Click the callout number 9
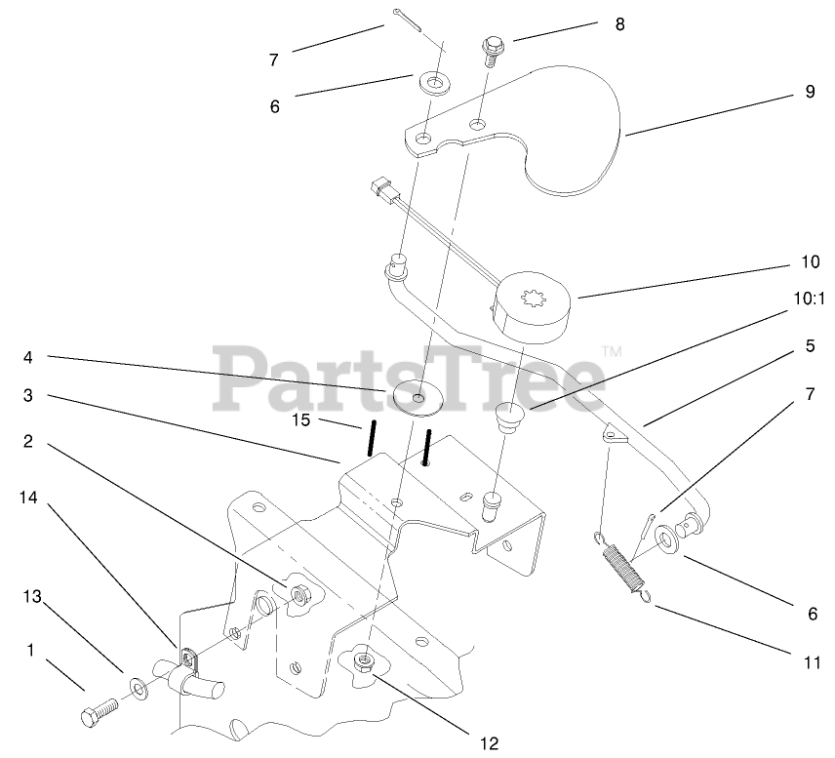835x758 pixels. click(809, 94)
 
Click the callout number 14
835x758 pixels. click(29, 497)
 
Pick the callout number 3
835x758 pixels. click(29, 394)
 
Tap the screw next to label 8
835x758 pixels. click(490, 50)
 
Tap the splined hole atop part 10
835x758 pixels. click(537, 289)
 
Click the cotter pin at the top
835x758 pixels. click(418, 24)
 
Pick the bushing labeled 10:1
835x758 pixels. click(511, 418)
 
